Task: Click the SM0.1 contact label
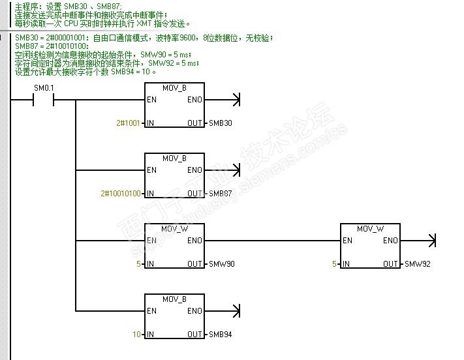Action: (44, 88)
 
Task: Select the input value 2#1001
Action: (128, 123)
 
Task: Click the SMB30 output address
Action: (221, 123)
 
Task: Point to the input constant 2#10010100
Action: (121, 194)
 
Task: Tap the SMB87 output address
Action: (221, 194)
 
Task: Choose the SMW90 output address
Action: (222, 264)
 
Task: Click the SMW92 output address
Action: (418, 264)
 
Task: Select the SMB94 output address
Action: (221, 335)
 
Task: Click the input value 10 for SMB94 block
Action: (136, 335)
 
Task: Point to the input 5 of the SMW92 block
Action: (334, 264)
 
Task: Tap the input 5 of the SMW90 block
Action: (138, 264)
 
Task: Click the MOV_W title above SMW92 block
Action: (370, 229)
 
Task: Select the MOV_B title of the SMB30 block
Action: (175, 88)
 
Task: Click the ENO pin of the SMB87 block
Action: (194, 170)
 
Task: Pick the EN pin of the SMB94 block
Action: (152, 311)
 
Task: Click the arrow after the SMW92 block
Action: (418, 241)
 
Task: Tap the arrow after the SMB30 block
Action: (223, 100)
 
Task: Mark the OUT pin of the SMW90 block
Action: (194, 264)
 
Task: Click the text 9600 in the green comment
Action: (187, 38)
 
